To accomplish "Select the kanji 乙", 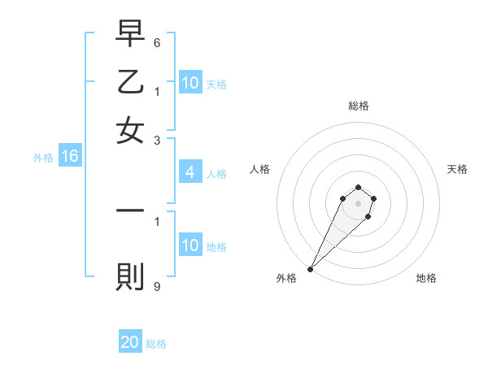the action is (x=130, y=84).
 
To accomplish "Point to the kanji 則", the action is (x=130, y=277).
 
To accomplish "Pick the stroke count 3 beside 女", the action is (x=157, y=141).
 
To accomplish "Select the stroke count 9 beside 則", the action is (x=157, y=286).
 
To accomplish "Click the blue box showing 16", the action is (x=69, y=157).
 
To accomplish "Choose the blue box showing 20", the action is (x=130, y=343).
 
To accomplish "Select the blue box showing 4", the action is (x=190, y=172).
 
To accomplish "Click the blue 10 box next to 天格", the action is (x=190, y=83).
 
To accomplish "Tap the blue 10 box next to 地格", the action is (x=190, y=245).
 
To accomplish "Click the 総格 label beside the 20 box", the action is (x=156, y=344).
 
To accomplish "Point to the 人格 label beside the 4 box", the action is (x=216, y=173).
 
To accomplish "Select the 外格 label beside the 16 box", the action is (x=43, y=158).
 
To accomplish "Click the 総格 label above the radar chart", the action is (x=358, y=106).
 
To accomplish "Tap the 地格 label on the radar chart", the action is (x=426, y=278).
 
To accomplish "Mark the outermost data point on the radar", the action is (x=310, y=269).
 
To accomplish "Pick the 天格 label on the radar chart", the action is (x=457, y=169).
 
